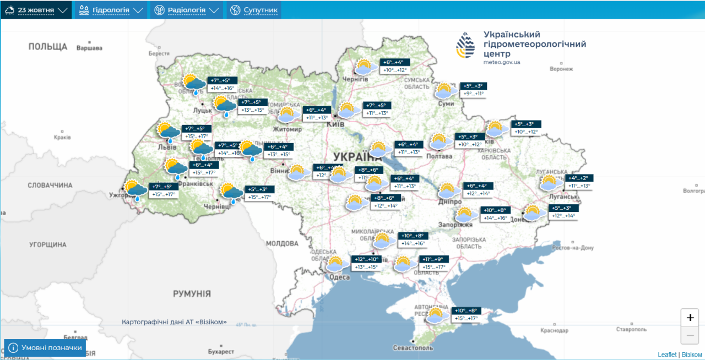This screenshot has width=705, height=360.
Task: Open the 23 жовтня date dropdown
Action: coord(36,10)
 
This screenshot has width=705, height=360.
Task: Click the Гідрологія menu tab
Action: coord(111,10)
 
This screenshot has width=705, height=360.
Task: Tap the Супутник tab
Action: coord(253,10)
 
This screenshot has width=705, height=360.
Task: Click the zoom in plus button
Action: coord(690,318)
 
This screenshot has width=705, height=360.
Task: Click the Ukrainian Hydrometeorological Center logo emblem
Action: coord(465,45)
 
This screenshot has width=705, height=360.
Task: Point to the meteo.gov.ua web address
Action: coord(501,62)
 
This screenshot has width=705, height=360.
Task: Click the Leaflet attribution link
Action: coord(666,354)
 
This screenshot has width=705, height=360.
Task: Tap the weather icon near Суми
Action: coord(445,91)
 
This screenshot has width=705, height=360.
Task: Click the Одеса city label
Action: coord(340,277)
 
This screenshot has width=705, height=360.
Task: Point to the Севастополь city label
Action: coord(413,348)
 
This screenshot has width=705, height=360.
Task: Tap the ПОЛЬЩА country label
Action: coord(48,47)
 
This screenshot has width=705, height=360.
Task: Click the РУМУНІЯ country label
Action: coord(192,293)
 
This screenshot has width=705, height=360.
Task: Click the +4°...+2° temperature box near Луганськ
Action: coord(578,178)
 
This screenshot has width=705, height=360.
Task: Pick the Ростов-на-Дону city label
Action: coord(572,248)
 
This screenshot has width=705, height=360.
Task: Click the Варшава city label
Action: coord(89,48)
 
